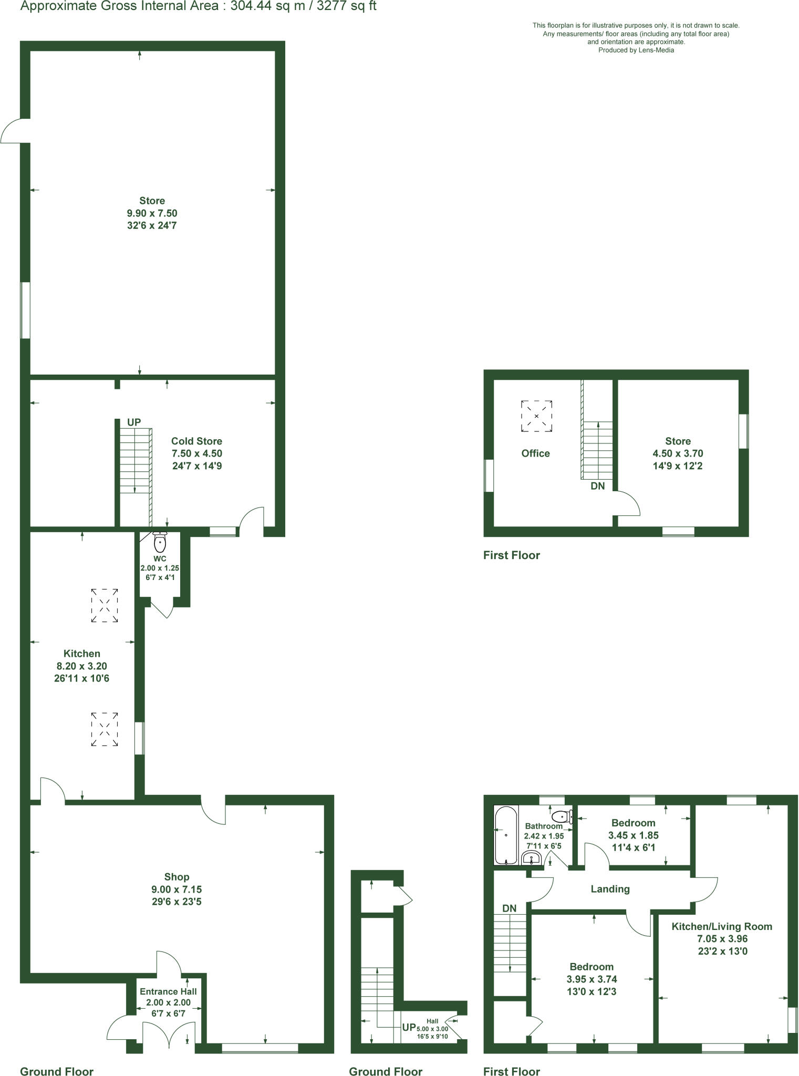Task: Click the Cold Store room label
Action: click(x=196, y=441)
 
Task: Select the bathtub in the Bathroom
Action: click(x=505, y=835)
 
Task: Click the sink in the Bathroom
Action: click(x=532, y=858)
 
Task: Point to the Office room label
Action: click(x=535, y=453)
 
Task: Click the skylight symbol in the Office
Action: click(x=536, y=416)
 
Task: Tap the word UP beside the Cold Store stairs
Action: click(x=134, y=422)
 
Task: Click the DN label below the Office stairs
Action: click(x=597, y=486)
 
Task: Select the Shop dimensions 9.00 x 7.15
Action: click(x=177, y=889)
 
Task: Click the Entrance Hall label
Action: click(x=168, y=991)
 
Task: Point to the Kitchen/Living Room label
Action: click(x=722, y=926)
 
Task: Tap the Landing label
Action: click(x=610, y=889)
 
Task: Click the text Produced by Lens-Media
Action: click(x=636, y=50)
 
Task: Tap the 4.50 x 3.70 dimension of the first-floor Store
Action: click(x=678, y=453)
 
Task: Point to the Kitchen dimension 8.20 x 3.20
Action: click(x=81, y=666)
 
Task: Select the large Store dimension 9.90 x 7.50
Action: click(x=152, y=213)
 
